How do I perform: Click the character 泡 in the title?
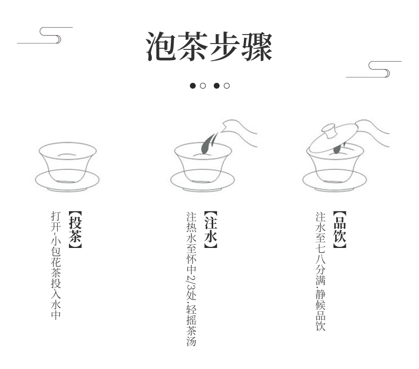(161, 46)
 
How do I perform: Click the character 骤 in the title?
(257, 46)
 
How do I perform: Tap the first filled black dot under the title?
(193, 85)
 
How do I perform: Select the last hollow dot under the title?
(226, 85)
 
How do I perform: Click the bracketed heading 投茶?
(75, 229)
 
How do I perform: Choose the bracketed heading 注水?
(211, 229)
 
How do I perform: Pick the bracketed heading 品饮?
(339, 229)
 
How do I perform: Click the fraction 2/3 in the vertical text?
(191, 282)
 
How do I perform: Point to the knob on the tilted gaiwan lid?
(329, 130)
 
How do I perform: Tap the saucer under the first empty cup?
(67, 181)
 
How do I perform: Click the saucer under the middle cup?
(203, 181)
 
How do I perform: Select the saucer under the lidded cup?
(335, 181)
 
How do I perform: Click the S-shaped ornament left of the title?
(45, 35)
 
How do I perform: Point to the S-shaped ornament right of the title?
(373, 70)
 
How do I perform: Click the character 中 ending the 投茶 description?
(56, 315)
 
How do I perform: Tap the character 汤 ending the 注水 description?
(191, 341)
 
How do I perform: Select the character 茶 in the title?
(193, 46)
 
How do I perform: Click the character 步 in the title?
(225, 46)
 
